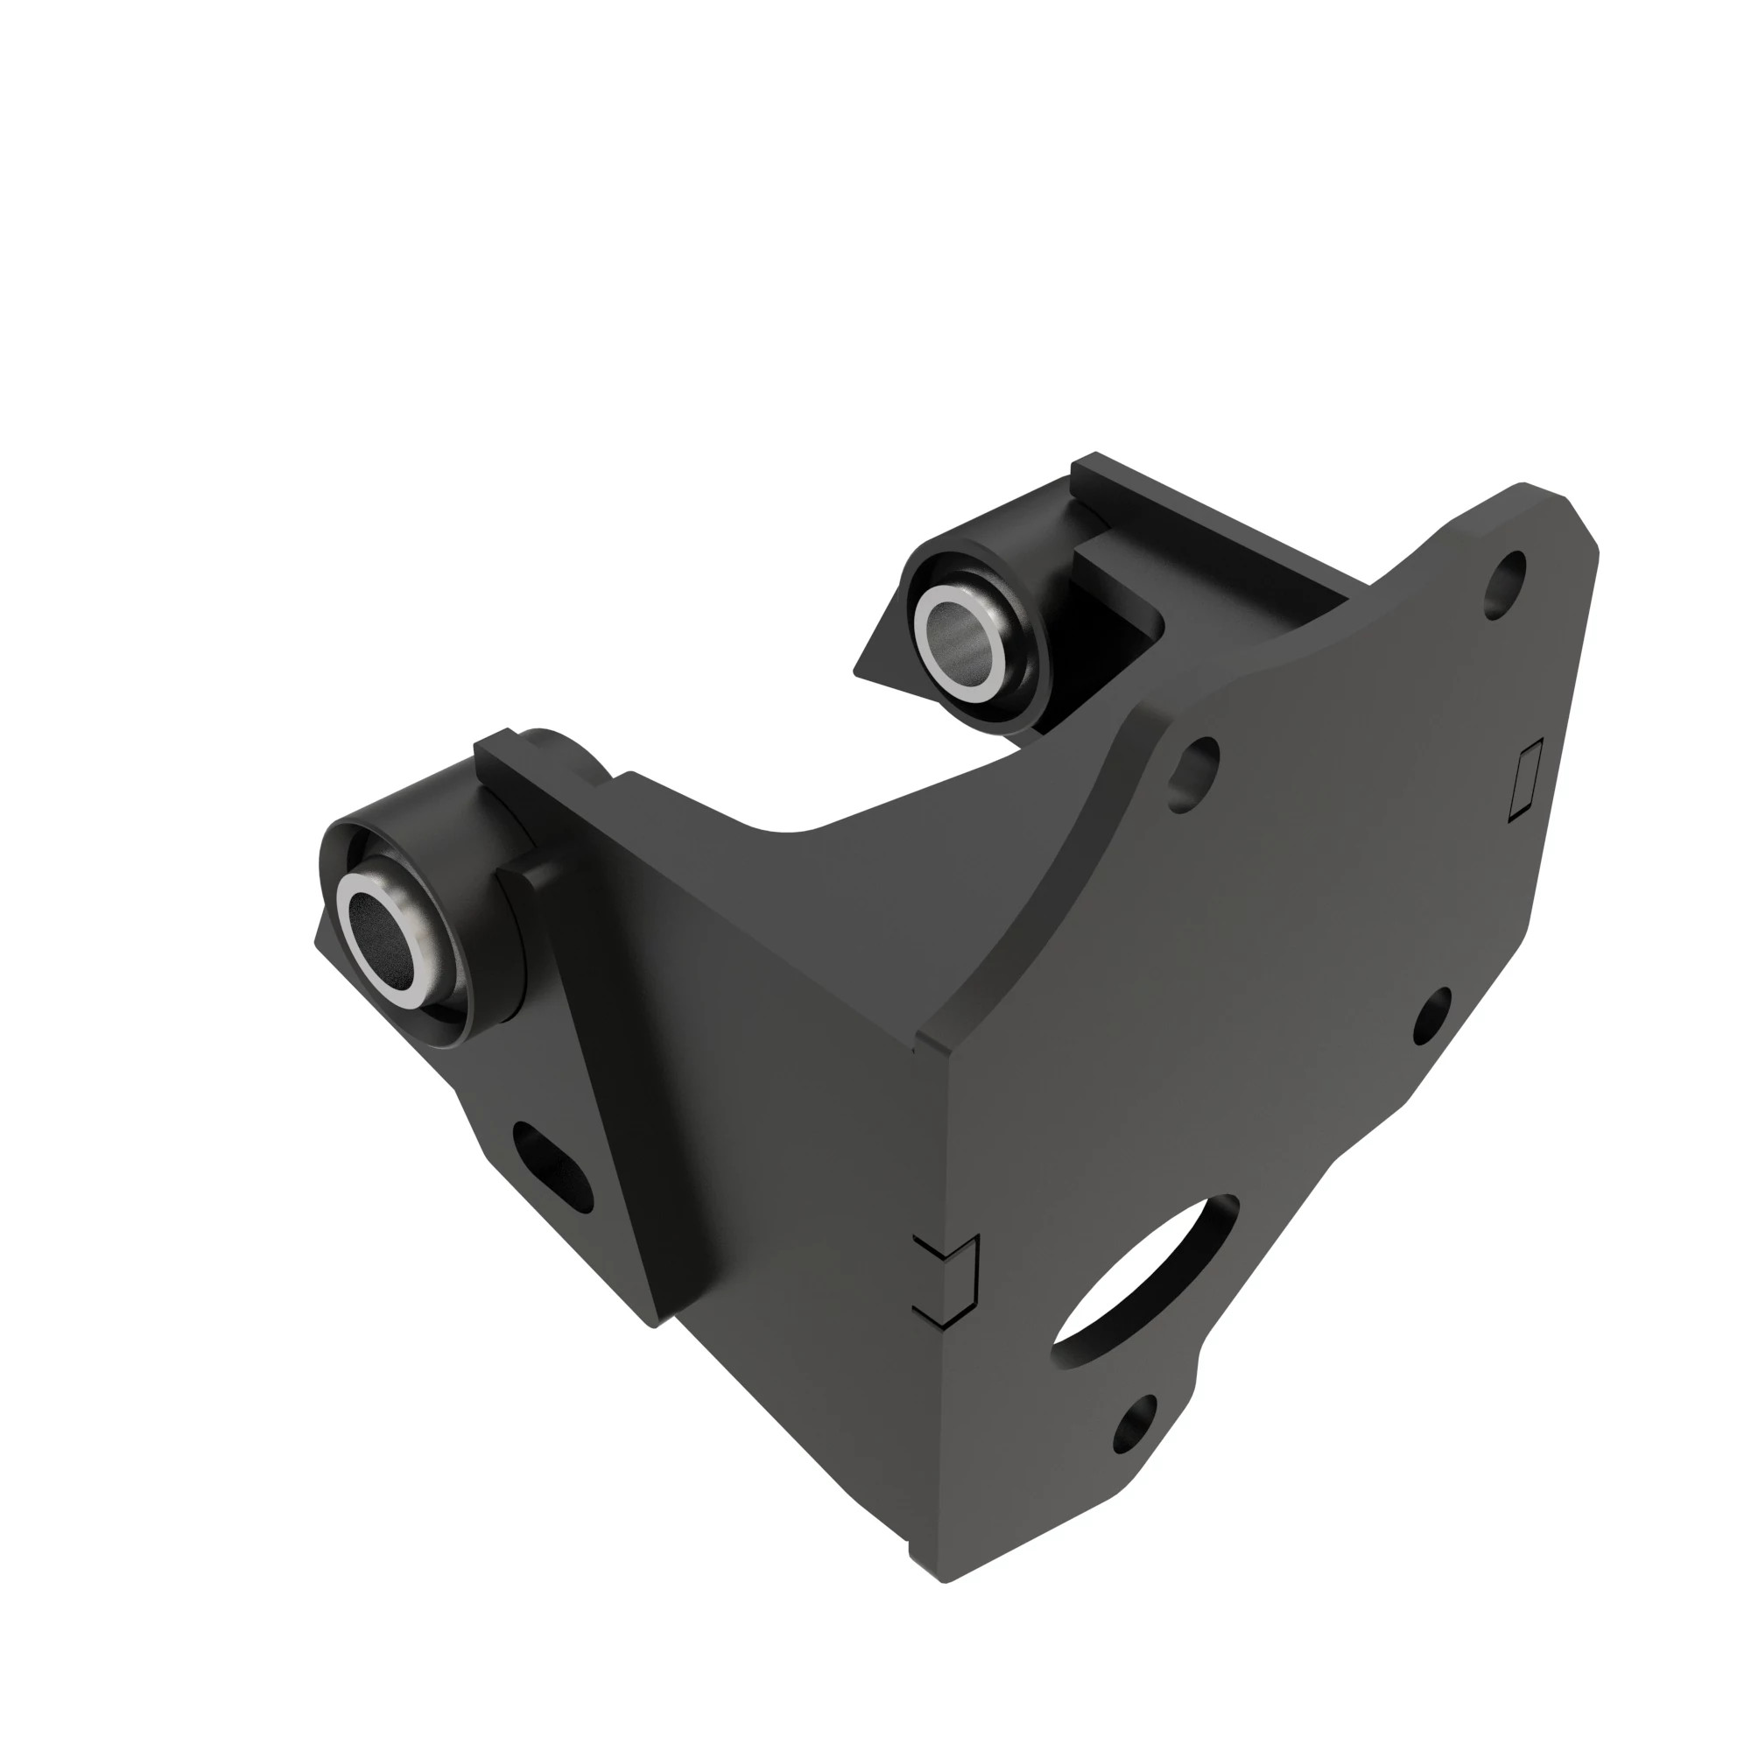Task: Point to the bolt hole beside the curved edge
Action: click(x=1193, y=773)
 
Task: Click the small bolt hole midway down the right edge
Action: click(x=1432, y=1013)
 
